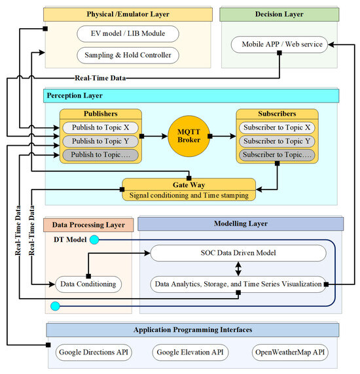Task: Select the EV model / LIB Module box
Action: [127, 33]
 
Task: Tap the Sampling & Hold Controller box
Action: [127, 55]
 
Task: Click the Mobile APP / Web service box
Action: [279, 44]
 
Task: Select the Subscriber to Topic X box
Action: [276, 127]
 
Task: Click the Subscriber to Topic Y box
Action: [276, 141]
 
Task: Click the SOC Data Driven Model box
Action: [238, 253]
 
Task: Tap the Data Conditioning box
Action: [86, 284]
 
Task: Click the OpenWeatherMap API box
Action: [289, 352]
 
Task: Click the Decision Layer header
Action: [279, 14]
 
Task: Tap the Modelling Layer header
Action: [240, 224]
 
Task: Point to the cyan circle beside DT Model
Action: [95, 240]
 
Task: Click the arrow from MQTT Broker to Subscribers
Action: [222, 137]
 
